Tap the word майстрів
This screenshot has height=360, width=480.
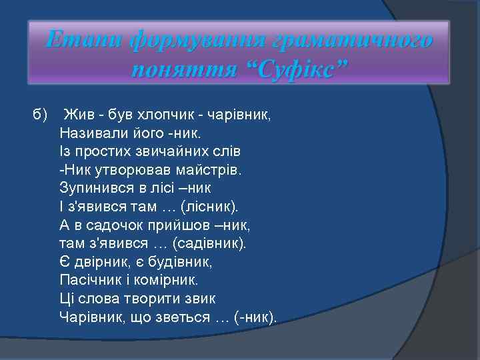tap(210, 169)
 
